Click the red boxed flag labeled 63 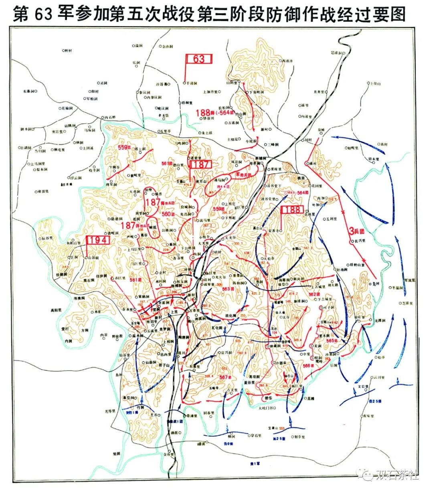coord(198,59)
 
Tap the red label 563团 coord(228,289)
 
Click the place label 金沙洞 coord(167,47)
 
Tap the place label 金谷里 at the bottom coord(169,455)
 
